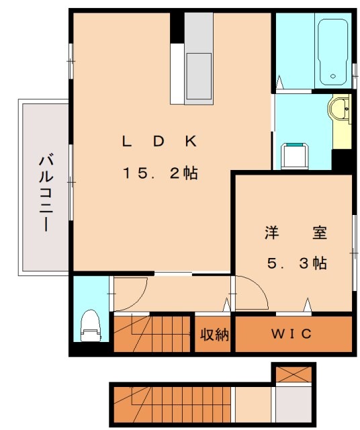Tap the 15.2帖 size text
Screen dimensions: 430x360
(159, 173)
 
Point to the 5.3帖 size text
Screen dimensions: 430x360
(295, 264)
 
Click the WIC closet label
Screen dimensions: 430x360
(291, 334)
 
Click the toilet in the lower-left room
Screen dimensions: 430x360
(89, 326)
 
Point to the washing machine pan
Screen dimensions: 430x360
(293, 156)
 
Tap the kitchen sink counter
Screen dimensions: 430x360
(198, 60)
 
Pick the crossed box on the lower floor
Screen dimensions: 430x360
(293, 374)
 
